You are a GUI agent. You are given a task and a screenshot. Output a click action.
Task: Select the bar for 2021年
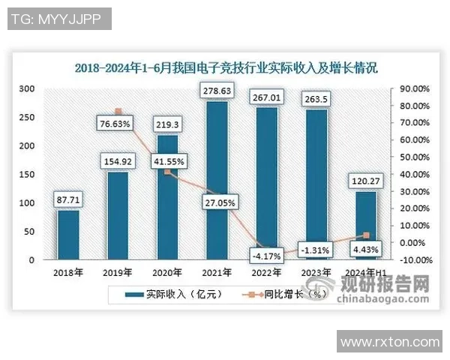[217, 180]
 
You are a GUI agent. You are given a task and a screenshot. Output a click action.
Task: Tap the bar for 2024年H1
[365, 225]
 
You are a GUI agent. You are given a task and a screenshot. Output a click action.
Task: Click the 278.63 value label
[217, 91]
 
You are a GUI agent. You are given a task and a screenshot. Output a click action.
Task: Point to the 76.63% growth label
[118, 123]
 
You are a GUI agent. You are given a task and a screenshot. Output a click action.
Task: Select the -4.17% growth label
[266, 254]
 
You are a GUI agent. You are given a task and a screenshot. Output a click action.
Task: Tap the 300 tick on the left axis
[27, 88]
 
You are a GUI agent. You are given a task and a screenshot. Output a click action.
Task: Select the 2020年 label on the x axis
[167, 272]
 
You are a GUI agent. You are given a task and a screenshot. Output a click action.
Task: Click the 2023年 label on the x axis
[316, 272]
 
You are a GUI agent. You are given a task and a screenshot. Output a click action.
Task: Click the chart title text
[225, 67]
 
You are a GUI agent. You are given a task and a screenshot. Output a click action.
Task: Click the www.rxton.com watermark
[390, 342]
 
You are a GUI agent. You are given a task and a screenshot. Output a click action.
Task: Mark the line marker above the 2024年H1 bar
[365, 235]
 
